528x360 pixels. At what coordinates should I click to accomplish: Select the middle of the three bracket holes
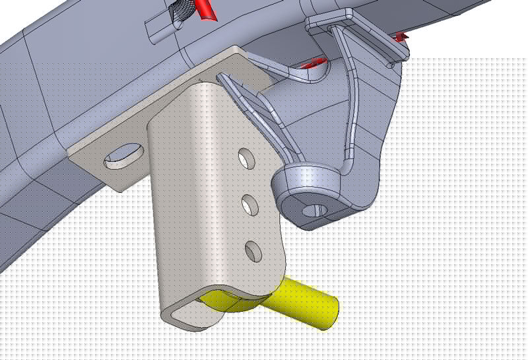point(249,205)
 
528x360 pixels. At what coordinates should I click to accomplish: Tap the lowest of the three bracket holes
point(252,250)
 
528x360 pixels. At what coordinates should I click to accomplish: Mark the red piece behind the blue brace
point(313,63)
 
